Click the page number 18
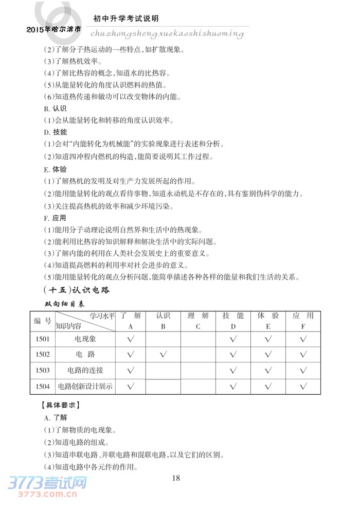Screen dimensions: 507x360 (176, 478)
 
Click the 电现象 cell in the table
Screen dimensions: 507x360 (85, 339)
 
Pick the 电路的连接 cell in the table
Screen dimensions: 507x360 (85, 370)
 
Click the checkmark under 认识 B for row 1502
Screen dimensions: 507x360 (163, 354)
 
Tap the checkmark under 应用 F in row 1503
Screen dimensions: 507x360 (303, 370)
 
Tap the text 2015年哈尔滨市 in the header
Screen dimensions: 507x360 (53, 30)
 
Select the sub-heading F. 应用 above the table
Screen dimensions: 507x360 (55, 218)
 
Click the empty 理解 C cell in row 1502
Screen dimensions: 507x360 (198, 354)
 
